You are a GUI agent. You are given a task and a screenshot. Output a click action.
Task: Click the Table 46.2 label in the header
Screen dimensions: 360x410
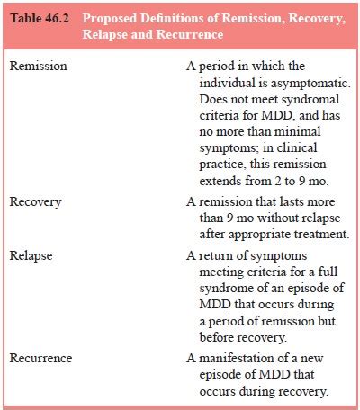point(43,18)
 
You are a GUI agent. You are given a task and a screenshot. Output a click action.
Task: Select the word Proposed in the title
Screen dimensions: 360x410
point(135,18)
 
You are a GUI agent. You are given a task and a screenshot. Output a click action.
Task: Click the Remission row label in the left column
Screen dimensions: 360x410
point(38,67)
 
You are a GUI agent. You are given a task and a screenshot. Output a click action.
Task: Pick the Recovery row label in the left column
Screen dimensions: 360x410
point(36,201)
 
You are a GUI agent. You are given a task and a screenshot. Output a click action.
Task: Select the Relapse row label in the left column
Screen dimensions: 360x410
point(31,255)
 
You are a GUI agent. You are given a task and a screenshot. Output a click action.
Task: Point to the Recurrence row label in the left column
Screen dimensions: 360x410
point(41,359)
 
